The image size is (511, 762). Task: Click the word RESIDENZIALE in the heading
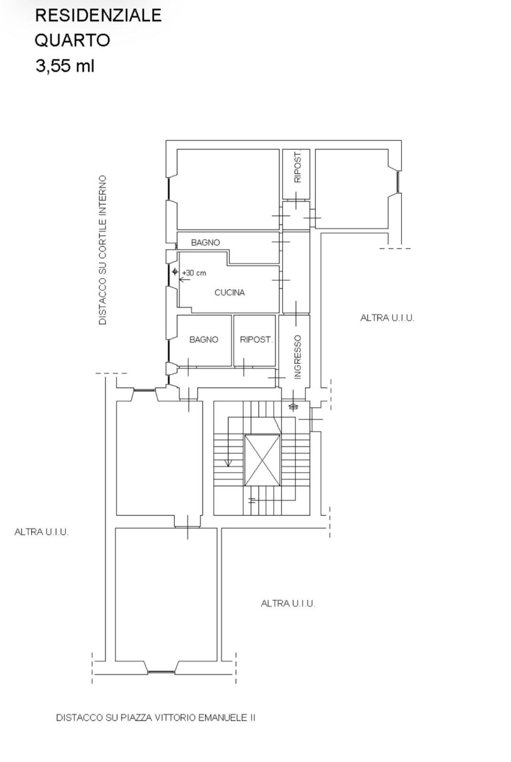coord(98,15)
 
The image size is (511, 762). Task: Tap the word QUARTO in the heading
coord(72,40)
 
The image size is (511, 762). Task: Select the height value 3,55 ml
coord(65,66)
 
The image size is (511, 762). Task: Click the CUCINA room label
coord(230,292)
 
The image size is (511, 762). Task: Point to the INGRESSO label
coord(297,357)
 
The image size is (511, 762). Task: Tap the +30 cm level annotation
coord(194,273)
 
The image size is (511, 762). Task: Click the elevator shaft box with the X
coord(262,460)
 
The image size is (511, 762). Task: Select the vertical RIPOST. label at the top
coord(297,167)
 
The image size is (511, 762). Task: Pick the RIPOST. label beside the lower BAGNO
coord(256,339)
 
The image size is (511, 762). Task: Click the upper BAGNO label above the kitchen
coord(206,243)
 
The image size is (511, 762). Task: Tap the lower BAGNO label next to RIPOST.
coord(204,339)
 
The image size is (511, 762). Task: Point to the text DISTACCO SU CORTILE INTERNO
coord(102,250)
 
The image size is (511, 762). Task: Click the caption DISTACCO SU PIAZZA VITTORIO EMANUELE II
coord(156,718)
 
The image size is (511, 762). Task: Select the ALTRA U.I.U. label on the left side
coord(41,532)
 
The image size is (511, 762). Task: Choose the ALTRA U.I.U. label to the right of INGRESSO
coord(387,318)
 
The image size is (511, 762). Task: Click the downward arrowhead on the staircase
coord(229,463)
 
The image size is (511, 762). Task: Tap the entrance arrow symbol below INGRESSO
coord(293,406)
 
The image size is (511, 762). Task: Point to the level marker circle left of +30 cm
coord(175,272)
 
